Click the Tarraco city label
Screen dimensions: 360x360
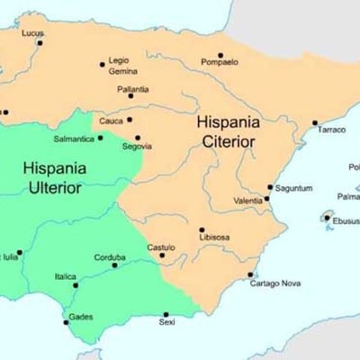331,130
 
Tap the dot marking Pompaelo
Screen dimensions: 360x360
220,55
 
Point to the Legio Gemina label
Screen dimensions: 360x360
122,66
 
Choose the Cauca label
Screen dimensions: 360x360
111,120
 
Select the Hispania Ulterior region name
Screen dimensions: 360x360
52,177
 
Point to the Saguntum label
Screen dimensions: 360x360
294,188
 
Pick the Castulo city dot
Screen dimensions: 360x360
163,255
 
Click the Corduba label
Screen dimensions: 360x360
110,256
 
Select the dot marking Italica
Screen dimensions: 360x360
75,285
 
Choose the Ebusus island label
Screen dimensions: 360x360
346,219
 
